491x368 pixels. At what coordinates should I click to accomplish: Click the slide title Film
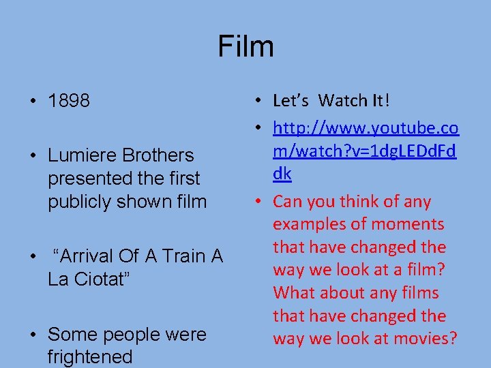[245, 46]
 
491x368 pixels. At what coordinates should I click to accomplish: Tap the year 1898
[69, 102]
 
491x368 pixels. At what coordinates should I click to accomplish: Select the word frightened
[90, 356]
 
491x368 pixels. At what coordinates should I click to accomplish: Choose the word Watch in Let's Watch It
[343, 101]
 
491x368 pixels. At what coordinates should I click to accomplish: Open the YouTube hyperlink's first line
[366, 128]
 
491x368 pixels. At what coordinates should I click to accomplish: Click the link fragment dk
[282, 174]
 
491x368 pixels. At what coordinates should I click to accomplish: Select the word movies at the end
[425, 339]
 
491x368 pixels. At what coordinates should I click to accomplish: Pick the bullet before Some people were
[33, 335]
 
